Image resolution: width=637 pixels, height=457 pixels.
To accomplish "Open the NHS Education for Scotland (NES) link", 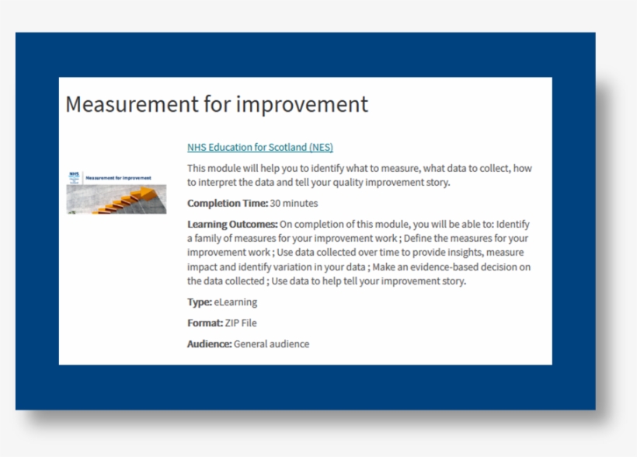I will click(259, 147).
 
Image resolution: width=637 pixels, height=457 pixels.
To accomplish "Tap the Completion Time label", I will click(227, 204).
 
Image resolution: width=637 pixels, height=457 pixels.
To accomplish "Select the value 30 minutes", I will click(294, 204).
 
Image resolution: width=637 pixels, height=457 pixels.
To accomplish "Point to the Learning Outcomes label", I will click(231, 225).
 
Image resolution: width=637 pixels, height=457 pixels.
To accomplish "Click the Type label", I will click(199, 302).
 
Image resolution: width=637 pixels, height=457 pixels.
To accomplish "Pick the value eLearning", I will click(235, 302).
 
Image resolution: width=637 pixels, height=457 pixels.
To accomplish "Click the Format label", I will click(204, 323).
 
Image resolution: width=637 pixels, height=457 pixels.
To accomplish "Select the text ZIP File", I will click(241, 323).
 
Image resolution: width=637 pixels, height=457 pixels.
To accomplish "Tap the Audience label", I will click(209, 344).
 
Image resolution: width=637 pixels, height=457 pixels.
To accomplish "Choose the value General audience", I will click(271, 344).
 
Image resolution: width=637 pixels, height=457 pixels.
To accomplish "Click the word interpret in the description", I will click(220, 183).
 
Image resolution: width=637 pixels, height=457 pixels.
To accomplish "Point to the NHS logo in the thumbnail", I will click(74, 176).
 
